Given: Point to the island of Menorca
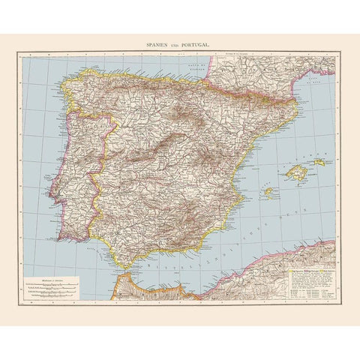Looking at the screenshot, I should tap(319, 161).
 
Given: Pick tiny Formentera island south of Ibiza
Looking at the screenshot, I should tap(268, 199).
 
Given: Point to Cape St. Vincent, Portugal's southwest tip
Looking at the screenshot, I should tap(54, 239).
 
